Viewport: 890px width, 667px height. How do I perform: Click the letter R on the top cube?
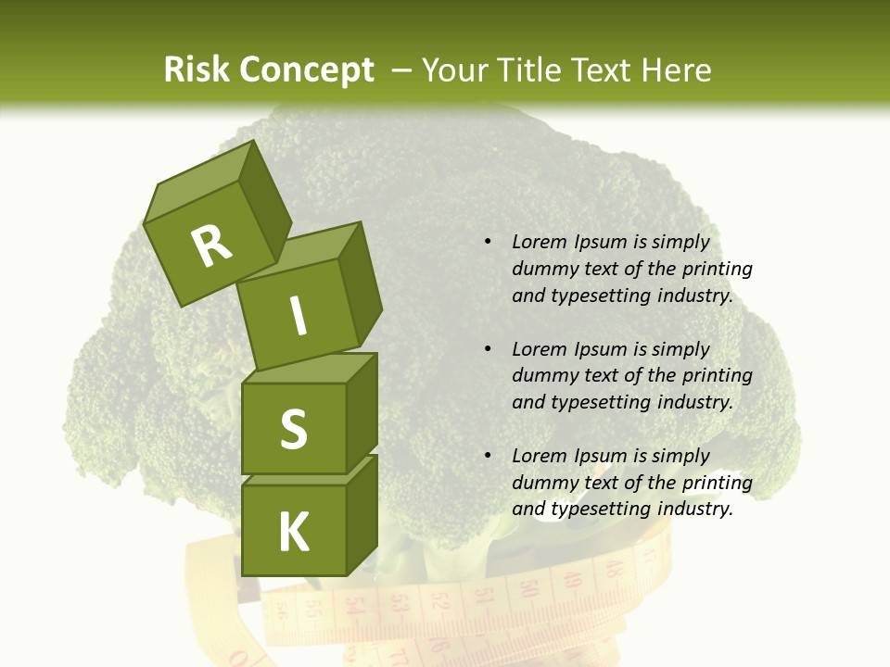click(211, 245)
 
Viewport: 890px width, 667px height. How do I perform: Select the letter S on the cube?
click(293, 429)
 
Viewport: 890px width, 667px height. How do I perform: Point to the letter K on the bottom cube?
click(293, 533)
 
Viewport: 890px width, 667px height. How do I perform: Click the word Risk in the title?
click(195, 70)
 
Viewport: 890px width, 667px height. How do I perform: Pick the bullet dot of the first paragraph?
click(488, 243)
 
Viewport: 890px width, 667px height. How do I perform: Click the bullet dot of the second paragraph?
click(488, 349)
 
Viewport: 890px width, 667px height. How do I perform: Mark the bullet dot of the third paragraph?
click(488, 456)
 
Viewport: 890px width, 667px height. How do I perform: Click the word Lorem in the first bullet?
click(537, 243)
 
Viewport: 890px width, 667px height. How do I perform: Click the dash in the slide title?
click(402, 70)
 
